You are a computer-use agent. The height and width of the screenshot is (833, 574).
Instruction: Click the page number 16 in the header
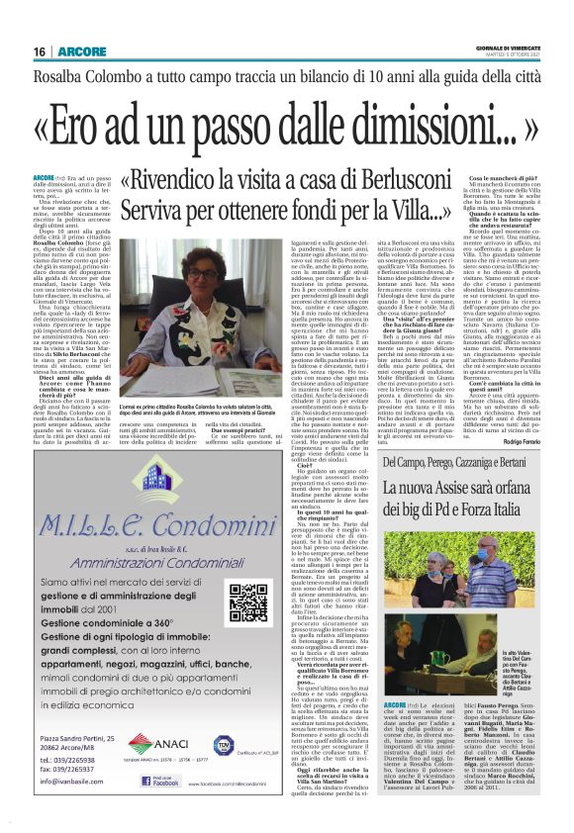coord(40,51)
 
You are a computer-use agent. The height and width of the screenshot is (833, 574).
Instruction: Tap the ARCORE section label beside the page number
coord(76,51)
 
